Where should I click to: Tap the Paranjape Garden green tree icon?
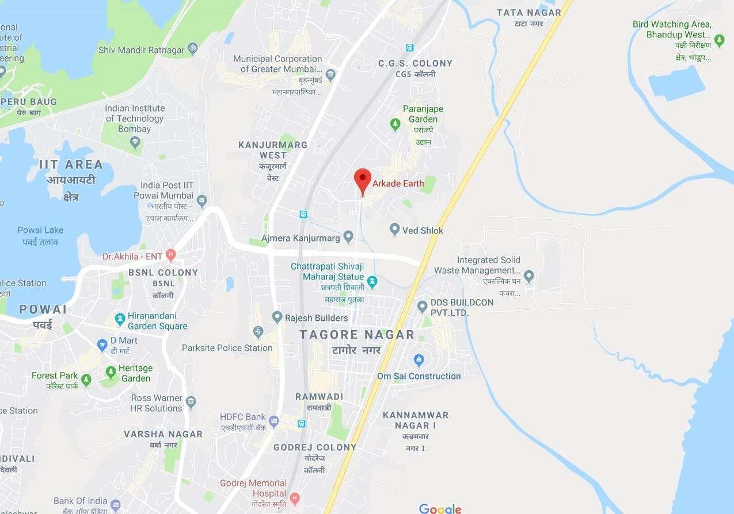point(395,124)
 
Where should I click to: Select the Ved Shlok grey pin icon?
point(394,229)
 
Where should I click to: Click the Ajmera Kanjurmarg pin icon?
point(348,236)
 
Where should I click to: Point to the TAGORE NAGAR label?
point(357,335)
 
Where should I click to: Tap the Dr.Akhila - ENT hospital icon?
point(170,254)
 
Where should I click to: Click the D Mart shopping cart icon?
point(102,345)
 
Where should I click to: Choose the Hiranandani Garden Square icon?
point(120,319)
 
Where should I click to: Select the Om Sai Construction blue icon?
point(419,361)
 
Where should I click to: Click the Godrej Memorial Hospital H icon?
point(295,497)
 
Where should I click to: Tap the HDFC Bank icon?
point(274,421)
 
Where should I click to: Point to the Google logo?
point(440,508)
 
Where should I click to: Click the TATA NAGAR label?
point(528,13)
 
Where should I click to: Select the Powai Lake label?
point(40,230)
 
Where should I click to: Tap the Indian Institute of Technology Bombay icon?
point(135,142)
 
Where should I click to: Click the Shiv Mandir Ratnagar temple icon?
point(193,49)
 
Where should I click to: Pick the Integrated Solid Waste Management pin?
point(529,276)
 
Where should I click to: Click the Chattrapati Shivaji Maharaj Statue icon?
point(372,282)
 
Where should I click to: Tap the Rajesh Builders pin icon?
point(277,317)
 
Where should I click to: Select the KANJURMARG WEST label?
point(273,149)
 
